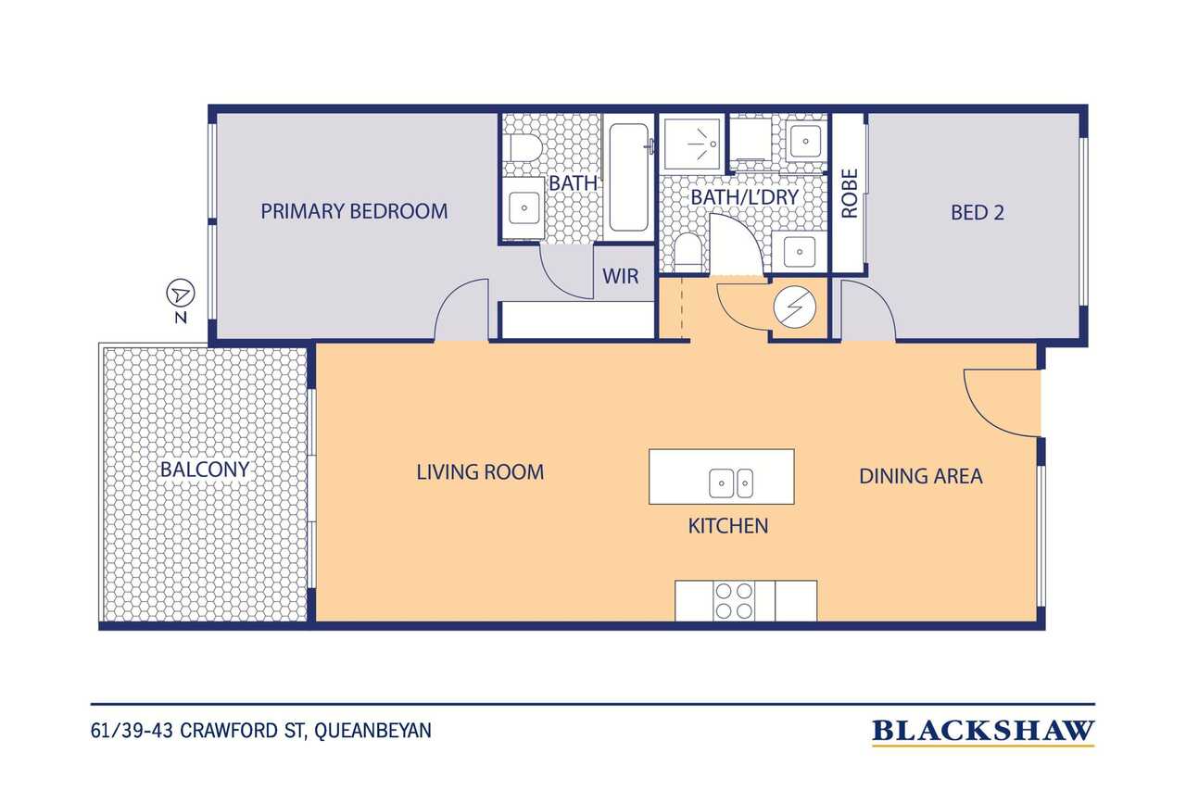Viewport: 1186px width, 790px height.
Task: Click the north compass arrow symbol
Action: pyautogui.click(x=181, y=294)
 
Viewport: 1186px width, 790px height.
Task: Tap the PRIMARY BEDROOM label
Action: pyautogui.click(x=354, y=212)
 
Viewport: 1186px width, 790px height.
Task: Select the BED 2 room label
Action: pyautogui.click(x=978, y=213)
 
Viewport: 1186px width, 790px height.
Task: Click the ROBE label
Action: pyautogui.click(x=850, y=194)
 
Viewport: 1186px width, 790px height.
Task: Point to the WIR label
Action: pyautogui.click(x=621, y=276)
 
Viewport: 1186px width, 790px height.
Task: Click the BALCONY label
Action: pyautogui.click(x=205, y=470)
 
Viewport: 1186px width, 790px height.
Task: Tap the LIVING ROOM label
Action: pyautogui.click(x=480, y=472)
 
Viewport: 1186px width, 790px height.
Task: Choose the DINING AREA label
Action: pyautogui.click(x=921, y=476)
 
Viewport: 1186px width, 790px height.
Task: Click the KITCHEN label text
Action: pyautogui.click(x=728, y=526)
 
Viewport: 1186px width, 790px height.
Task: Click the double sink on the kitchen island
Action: pyautogui.click(x=731, y=483)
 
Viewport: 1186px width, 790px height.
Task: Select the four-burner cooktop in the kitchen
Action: pyautogui.click(x=734, y=600)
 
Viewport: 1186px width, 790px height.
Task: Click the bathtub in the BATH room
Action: pyautogui.click(x=628, y=177)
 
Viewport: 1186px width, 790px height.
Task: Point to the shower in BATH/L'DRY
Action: pyautogui.click(x=692, y=144)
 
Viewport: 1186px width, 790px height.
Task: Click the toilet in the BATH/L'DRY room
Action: pyautogui.click(x=688, y=253)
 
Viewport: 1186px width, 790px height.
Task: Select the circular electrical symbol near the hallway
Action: pyautogui.click(x=794, y=307)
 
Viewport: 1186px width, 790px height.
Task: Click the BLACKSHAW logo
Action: pyautogui.click(x=983, y=732)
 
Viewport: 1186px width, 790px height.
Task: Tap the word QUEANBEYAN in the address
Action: pyautogui.click(x=372, y=731)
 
